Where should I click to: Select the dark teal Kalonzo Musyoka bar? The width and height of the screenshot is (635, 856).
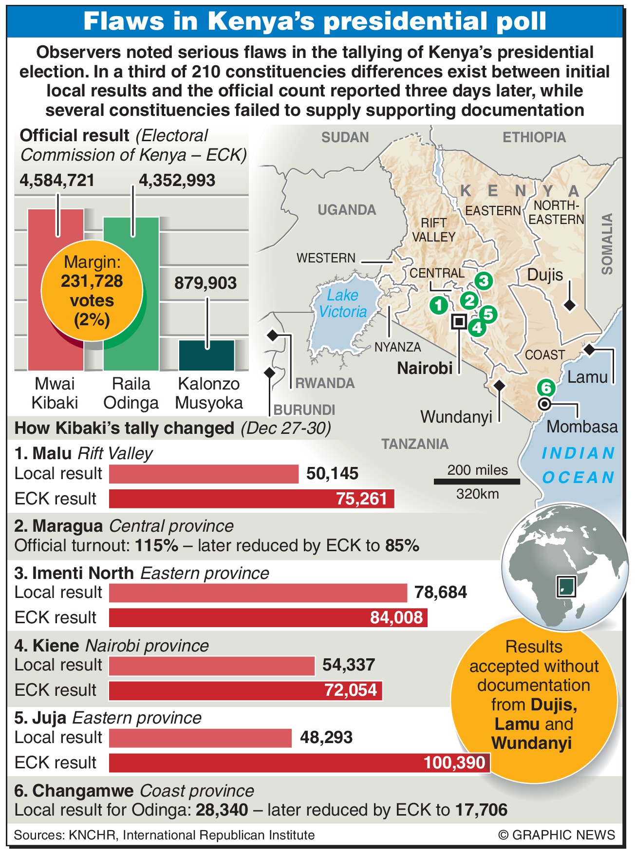point(206,355)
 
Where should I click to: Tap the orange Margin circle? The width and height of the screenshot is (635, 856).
point(92,291)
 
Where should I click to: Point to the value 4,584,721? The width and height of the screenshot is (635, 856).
point(57,181)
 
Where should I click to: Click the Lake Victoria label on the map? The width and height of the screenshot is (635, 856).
point(343,303)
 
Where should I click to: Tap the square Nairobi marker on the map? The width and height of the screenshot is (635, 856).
point(459,321)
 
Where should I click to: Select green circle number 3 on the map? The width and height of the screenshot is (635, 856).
point(483,280)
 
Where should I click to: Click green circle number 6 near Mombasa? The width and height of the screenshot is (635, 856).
point(546,388)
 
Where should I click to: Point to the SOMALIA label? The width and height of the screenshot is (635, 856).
point(607,243)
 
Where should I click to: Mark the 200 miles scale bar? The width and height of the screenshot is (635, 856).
point(477,482)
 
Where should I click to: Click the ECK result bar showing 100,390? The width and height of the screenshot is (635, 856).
point(299,763)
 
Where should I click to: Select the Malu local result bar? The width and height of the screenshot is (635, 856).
point(204,474)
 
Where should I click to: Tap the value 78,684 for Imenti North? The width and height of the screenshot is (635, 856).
point(440,593)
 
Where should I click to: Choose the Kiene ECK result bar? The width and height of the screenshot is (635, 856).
point(245,690)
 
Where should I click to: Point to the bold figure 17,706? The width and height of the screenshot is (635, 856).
point(481,810)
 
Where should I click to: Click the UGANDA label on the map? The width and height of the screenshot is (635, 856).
point(347,210)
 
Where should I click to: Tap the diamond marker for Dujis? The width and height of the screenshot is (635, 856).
point(569,305)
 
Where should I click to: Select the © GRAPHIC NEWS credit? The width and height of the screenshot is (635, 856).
point(556,835)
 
